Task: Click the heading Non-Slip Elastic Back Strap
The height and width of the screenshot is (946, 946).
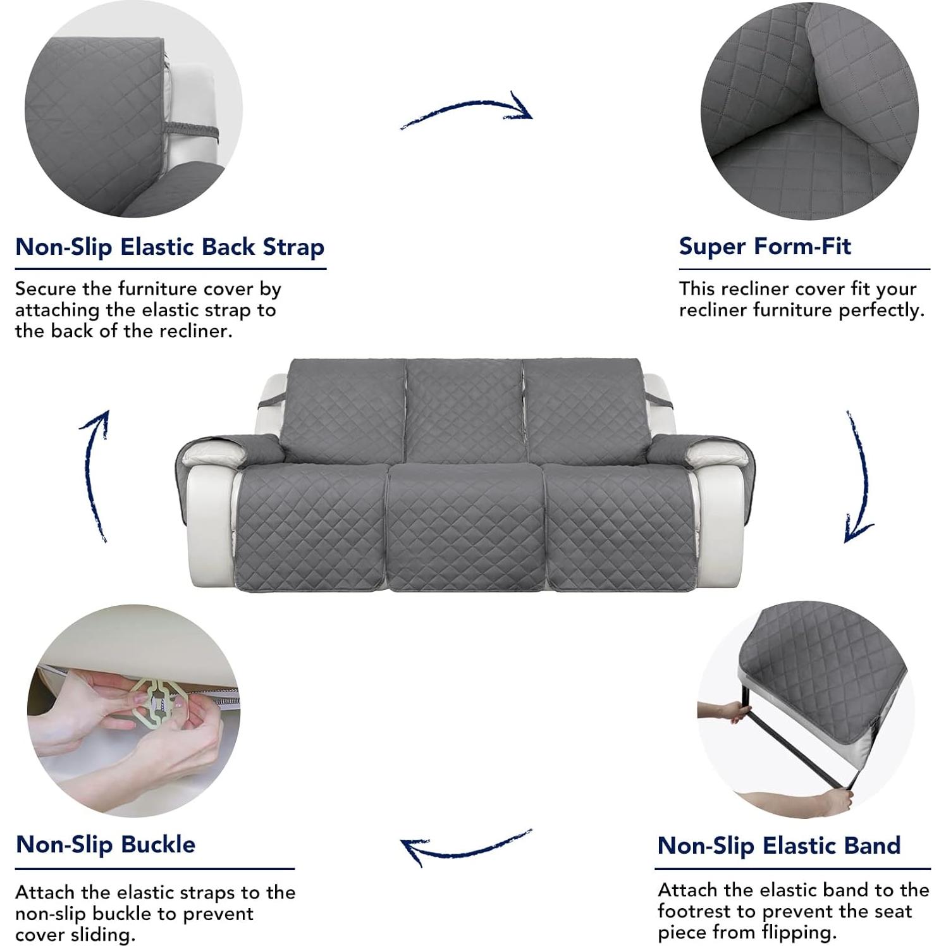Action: [x=169, y=247]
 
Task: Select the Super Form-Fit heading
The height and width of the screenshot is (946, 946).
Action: [x=765, y=246]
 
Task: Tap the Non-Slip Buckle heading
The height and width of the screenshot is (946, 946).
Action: [x=106, y=844]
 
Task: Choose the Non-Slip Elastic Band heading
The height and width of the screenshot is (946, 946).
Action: [x=779, y=845]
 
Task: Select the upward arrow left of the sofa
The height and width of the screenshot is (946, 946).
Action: [x=95, y=474]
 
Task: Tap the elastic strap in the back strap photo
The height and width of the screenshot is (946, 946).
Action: [x=190, y=132]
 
